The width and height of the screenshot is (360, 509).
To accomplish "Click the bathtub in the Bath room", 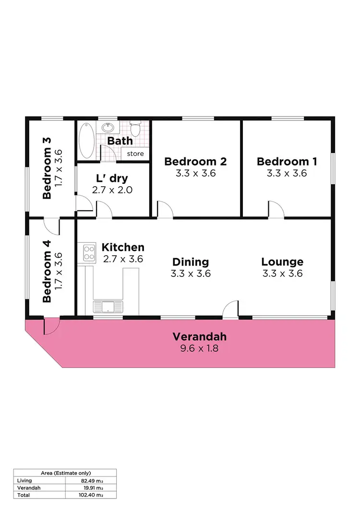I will tap(87, 140).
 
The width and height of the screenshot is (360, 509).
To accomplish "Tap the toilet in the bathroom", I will tap(135, 129).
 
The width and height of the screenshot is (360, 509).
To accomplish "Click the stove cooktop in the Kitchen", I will tap(89, 252).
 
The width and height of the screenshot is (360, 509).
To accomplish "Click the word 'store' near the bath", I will tap(135, 154).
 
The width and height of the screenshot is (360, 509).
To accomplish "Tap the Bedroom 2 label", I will tap(195, 162).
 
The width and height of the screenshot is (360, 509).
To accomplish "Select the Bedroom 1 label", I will tap(287, 162).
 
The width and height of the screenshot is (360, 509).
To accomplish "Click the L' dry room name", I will tap(112, 178).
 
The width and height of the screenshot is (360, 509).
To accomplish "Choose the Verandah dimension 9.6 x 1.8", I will tap(199, 349).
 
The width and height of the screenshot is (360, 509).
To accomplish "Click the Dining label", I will tap(191, 262).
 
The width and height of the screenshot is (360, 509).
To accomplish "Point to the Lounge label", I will tap(282, 262).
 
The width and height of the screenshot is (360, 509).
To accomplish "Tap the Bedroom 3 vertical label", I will tap(47, 168).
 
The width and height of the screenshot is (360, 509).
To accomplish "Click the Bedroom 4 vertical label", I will tap(47, 271).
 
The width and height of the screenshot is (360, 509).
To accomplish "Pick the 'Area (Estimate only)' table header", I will tap(65, 473).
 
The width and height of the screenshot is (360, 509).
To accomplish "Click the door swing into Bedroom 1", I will tap(276, 210).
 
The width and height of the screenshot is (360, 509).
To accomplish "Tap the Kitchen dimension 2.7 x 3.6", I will tap(123, 259).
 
